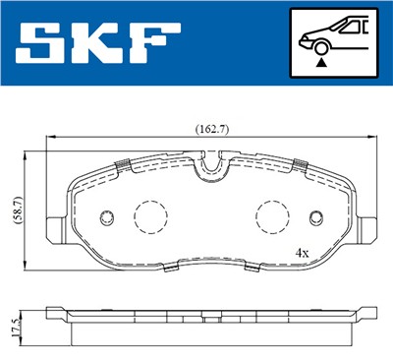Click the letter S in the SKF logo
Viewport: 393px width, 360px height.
click(40, 43)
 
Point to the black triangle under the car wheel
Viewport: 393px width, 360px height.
click(320, 62)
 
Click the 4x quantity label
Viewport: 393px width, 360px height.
click(302, 253)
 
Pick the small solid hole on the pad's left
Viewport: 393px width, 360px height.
click(107, 217)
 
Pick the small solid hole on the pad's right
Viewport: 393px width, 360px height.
click(315, 217)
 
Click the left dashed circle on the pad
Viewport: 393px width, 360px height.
click(149, 214)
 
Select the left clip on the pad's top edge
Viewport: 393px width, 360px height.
click(123, 164)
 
